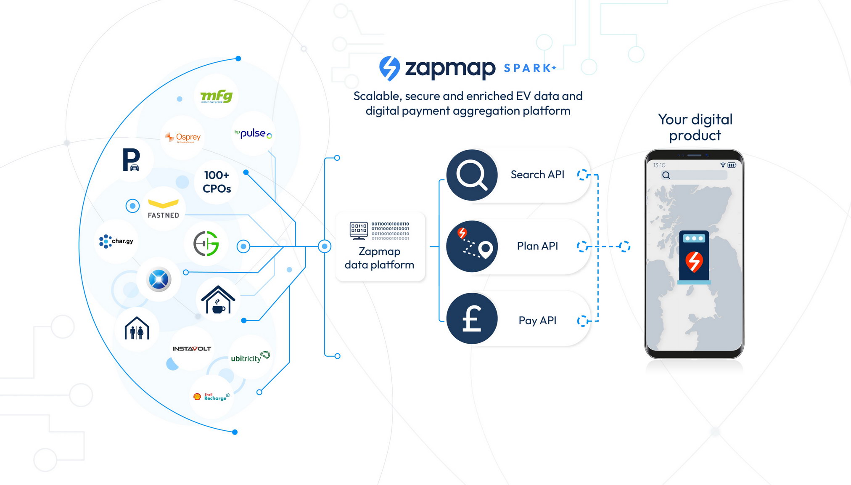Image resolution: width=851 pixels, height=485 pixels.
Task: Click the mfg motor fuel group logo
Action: coord(216,96)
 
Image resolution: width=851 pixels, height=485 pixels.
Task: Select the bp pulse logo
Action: coord(253,133)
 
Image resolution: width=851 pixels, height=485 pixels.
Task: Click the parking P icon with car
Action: coord(131,160)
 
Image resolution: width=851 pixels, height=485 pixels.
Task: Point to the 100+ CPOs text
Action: coord(217,182)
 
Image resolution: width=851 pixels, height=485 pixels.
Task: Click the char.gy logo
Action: coord(116,241)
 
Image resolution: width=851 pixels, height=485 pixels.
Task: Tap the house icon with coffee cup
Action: coord(218,299)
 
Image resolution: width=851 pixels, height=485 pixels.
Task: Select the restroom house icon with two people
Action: coord(137,329)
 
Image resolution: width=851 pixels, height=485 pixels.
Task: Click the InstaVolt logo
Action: coord(192,349)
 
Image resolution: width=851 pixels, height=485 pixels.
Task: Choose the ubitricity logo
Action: coord(250,357)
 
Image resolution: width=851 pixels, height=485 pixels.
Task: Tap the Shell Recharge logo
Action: coord(211,397)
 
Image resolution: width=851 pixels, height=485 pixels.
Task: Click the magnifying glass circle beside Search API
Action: coord(472,175)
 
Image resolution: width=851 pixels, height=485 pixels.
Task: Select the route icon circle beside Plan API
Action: coord(472,246)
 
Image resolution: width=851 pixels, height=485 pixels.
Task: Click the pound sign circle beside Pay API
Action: coord(472,318)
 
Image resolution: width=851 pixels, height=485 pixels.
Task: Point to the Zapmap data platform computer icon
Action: coord(359,231)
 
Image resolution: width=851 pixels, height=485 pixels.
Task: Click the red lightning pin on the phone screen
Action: coord(694,261)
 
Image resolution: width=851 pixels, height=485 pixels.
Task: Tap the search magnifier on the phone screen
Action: coord(666,175)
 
